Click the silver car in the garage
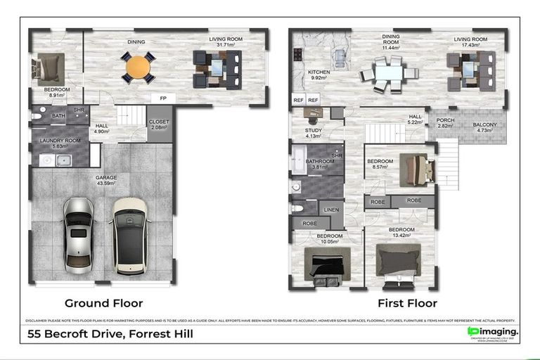79,234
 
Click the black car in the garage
130,234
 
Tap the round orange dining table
138,67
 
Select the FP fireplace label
163,98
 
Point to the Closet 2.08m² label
159,124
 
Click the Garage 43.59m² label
106,180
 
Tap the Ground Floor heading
103,303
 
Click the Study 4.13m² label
314,133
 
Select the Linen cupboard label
331,209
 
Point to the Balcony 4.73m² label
484,127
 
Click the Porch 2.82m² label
445,123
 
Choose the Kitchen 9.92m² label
319,75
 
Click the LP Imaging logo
493,332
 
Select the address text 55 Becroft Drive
110,334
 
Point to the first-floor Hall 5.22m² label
416,120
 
